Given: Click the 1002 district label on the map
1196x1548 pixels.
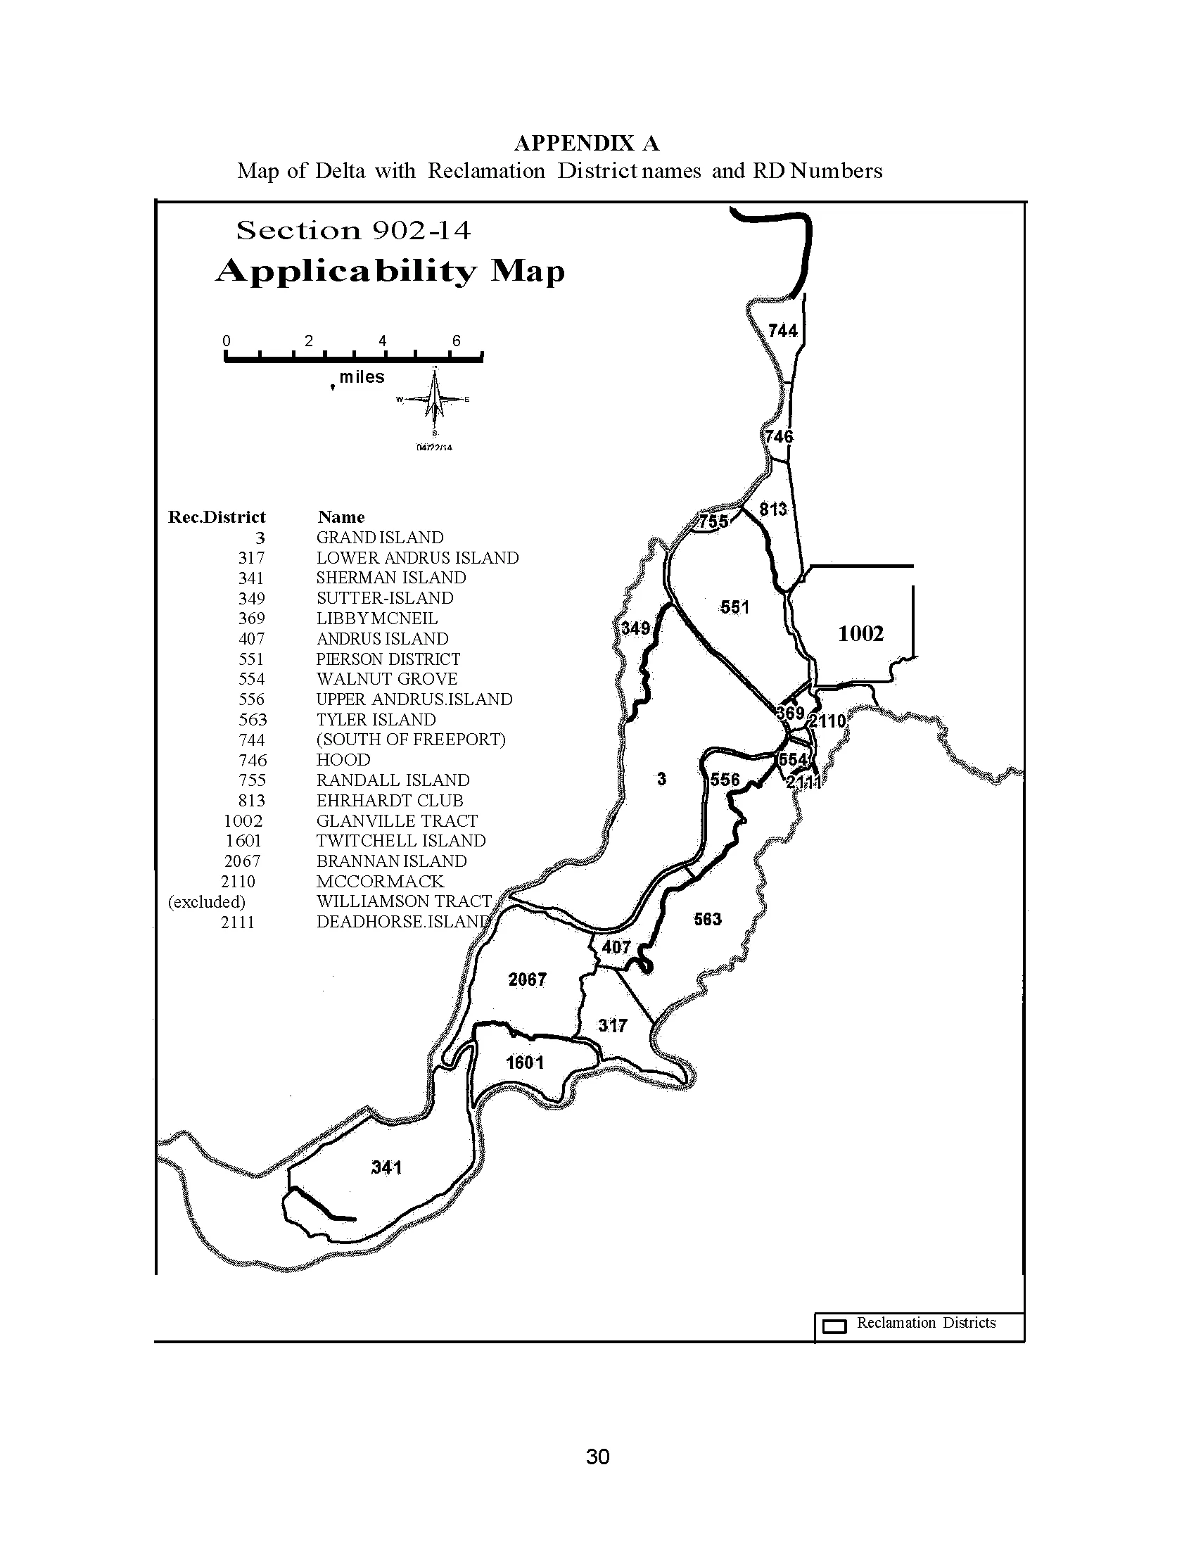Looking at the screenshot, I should point(861,634).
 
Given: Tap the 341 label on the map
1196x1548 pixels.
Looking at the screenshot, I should point(387,1167).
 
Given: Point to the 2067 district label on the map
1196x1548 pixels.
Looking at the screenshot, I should point(527,979).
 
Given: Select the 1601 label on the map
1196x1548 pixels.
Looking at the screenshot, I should point(525,1062).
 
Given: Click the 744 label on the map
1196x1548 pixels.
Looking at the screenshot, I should point(783,331).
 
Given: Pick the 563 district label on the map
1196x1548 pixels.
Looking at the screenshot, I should point(708,920).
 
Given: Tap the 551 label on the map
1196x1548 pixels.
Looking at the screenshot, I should point(734,607).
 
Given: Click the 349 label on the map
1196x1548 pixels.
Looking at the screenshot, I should point(635,628).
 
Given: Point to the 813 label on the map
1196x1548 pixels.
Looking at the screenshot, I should point(773,509).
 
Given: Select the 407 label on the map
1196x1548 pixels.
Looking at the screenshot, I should point(616,947).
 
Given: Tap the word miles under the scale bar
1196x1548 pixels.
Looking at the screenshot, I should point(362,377).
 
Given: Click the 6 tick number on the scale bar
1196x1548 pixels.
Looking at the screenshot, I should point(457,341).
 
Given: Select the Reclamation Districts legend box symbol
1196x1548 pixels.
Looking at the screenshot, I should point(835,1326).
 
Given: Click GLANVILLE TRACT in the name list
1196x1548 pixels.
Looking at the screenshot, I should point(397,820).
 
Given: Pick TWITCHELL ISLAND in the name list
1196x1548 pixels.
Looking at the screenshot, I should point(401,841).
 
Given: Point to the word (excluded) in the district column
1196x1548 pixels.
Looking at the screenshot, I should point(207,901).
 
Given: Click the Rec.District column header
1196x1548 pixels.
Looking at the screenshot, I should point(217,516).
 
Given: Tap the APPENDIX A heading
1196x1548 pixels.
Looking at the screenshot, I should point(587,143).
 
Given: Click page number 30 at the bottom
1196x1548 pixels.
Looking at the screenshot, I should point(598,1457).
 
